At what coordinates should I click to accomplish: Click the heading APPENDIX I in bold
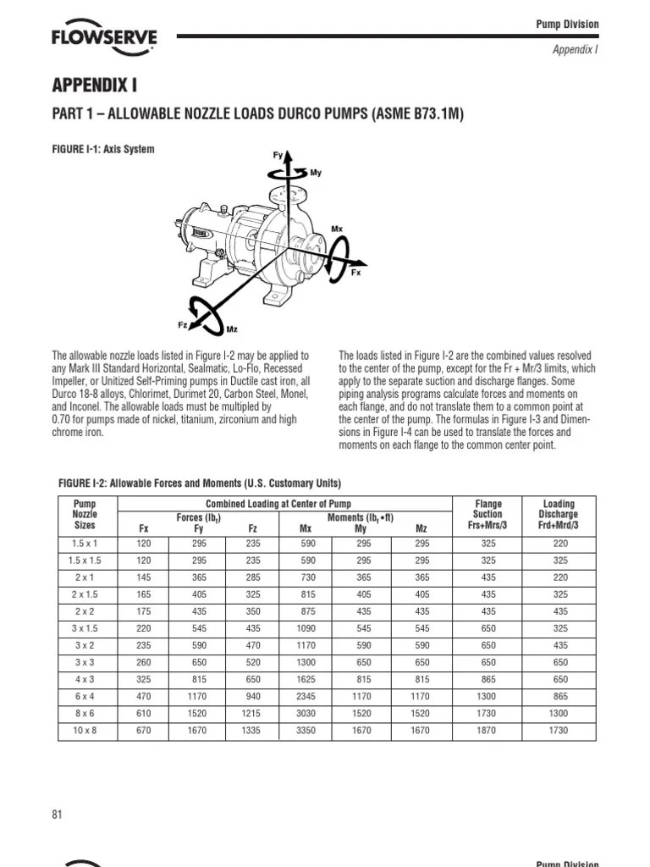(95, 86)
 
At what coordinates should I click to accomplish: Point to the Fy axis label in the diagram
(277, 156)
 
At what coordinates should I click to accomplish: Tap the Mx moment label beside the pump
(337, 229)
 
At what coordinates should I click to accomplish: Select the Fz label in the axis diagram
(183, 324)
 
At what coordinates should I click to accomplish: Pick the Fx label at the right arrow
(356, 273)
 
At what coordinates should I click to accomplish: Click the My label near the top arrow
(316, 173)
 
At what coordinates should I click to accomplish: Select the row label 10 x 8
(84, 730)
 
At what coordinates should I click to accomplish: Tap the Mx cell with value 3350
(306, 730)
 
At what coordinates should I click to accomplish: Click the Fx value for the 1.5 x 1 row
(143, 544)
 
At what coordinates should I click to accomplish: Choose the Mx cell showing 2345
(306, 696)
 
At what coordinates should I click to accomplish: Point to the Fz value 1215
(253, 713)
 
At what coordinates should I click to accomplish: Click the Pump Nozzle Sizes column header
(84, 514)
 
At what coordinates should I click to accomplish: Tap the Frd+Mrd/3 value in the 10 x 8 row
(558, 730)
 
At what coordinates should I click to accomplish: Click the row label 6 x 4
(84, 696)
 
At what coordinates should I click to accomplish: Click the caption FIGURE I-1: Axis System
(106, 150)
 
